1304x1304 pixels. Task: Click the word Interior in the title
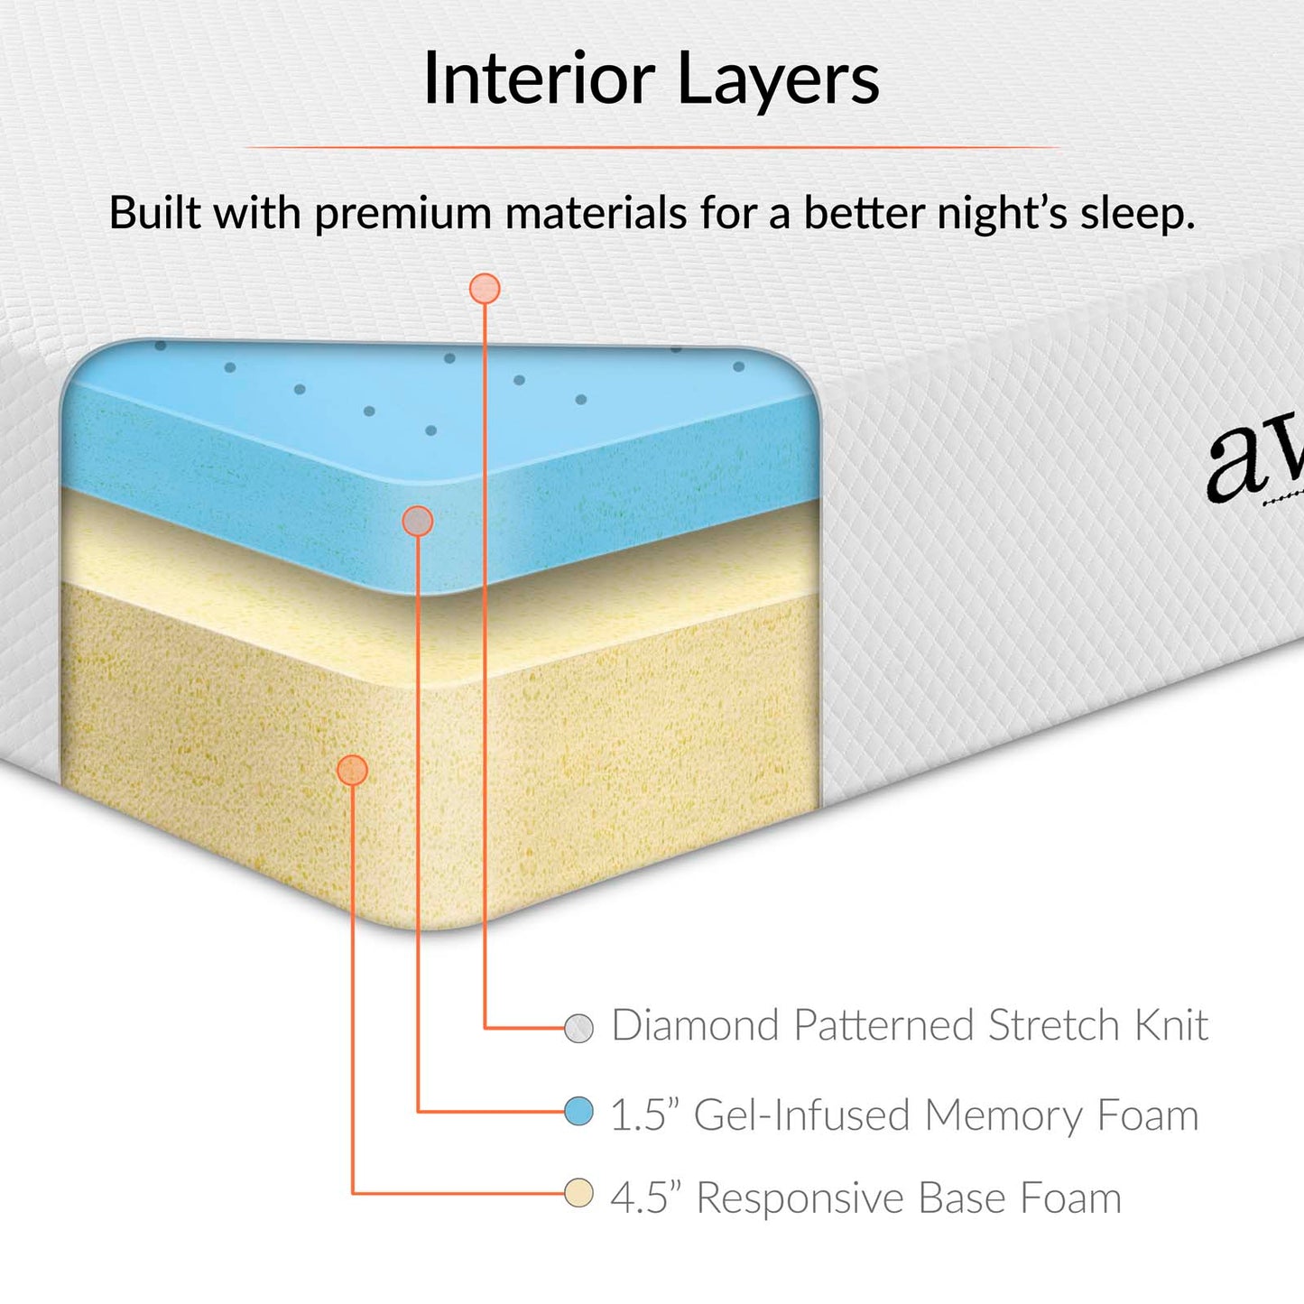pyautogui.click(x=539, y=79)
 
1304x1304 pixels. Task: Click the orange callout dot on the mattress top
pyautogui.click(x=485, y=289)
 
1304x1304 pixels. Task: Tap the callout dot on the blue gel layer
pyautogui.click(x=417, y=521)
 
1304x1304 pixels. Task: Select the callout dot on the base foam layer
pyautogui.click(x=352, y=770)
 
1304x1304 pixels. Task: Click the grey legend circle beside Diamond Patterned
pyautogui.click(x=578, y=1028)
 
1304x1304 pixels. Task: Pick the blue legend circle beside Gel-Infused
pyautogui.click(x=578, y=1111)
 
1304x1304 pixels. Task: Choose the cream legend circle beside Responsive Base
pyautogui.click(x=578, y=1193)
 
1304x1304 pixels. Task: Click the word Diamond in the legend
pyautogui.click(x=695, y=1026)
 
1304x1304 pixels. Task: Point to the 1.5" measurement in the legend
pyautogui.click(x=643, y=1115)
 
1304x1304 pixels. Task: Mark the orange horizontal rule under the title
pyautogui.click(x=652, y=146)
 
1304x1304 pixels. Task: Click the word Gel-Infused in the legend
pyautogui.click(x=801, y=1115)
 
